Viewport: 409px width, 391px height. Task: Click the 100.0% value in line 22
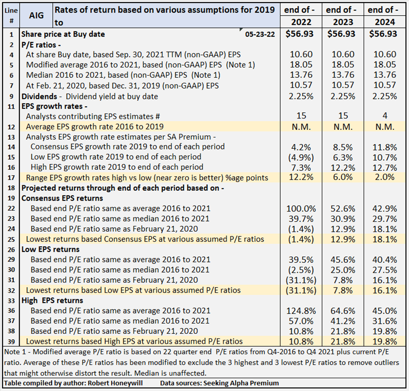click(301, 209)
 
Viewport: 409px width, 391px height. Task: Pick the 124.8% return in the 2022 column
click(301, 311)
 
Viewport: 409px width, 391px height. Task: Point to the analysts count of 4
click(382, 116)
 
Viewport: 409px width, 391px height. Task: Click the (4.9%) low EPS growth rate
click(301, 157)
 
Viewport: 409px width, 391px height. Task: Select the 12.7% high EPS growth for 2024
click(382, 167)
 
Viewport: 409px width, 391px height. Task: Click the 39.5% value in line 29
click(301, 260)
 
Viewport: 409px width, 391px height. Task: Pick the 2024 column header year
click(382, 22)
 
